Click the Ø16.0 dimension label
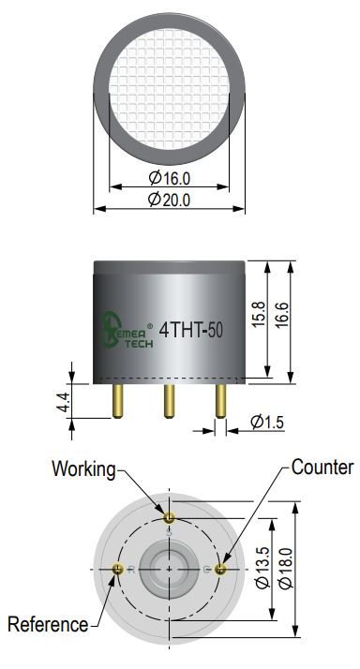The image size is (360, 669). (x=169, y=177)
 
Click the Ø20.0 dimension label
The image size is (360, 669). (x=169, y=200)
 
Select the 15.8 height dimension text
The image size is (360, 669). (x=259, y=315)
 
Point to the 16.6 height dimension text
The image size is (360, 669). (x=282, y=315)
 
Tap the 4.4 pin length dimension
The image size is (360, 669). (x=63, y=402)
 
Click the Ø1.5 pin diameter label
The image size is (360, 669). (x=267, y=422)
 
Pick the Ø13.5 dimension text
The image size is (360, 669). (x=263, y=568)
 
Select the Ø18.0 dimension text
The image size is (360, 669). (x=286, y=568)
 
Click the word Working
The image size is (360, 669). (x=83, y=469)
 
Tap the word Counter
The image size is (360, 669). (x=322, y=468)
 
